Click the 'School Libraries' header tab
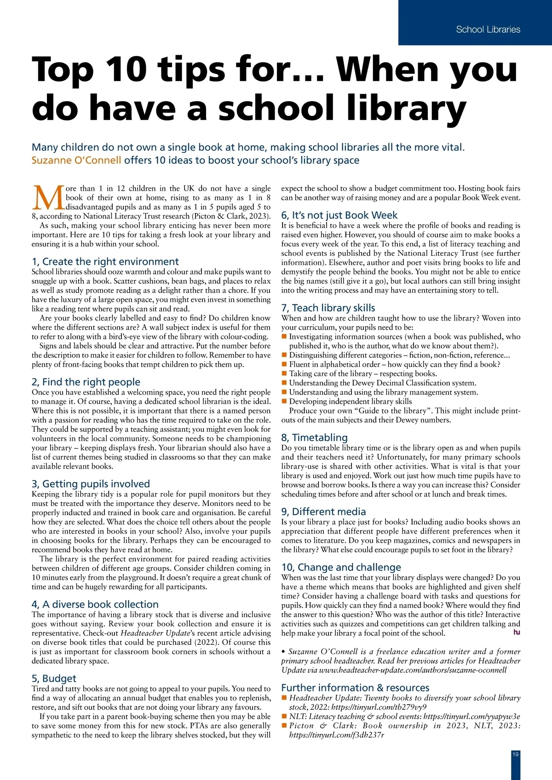point(488,29)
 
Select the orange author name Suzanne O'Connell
point(76,160)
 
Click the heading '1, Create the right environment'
point(105,262)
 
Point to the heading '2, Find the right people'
point(86,382)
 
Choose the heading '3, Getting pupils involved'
point(91,484)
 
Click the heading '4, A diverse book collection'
point(95,604)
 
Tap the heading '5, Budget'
point(54,678)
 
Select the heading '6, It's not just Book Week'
point(339,215)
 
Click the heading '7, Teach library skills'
point(328,308)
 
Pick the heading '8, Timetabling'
point(314,437)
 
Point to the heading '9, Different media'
point(323,512)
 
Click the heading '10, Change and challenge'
point(341,567)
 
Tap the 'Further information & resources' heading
point(355,688)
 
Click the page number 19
point(515,754)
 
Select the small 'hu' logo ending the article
point(517,633)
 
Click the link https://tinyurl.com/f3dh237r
point(336,735)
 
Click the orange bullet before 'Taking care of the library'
point(284,373)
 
